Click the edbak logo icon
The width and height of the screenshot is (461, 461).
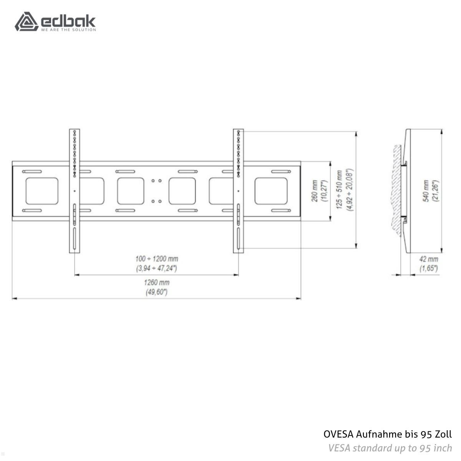pos(26,22)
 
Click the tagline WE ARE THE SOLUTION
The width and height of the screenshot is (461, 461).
pos(68,30)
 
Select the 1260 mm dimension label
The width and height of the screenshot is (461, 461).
pos(157,282)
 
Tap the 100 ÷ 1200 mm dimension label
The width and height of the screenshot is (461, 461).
pos(157,259)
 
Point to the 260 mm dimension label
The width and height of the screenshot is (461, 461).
pos(315,191)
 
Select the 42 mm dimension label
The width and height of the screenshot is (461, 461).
pos(428,259)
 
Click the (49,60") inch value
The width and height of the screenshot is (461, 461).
pos(157,292)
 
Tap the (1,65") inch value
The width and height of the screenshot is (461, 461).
pos(428,268)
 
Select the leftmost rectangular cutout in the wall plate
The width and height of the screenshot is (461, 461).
pos(42,191)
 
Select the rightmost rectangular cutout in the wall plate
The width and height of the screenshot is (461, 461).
pos(271,191)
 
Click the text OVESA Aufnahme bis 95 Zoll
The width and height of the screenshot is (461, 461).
pos(388,434)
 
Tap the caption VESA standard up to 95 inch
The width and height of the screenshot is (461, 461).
pos(390,448)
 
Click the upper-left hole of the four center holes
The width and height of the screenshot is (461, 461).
pos(153,181)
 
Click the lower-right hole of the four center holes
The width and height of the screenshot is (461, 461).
pos(159,201)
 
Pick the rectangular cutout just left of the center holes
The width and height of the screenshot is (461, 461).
pos(131,191)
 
